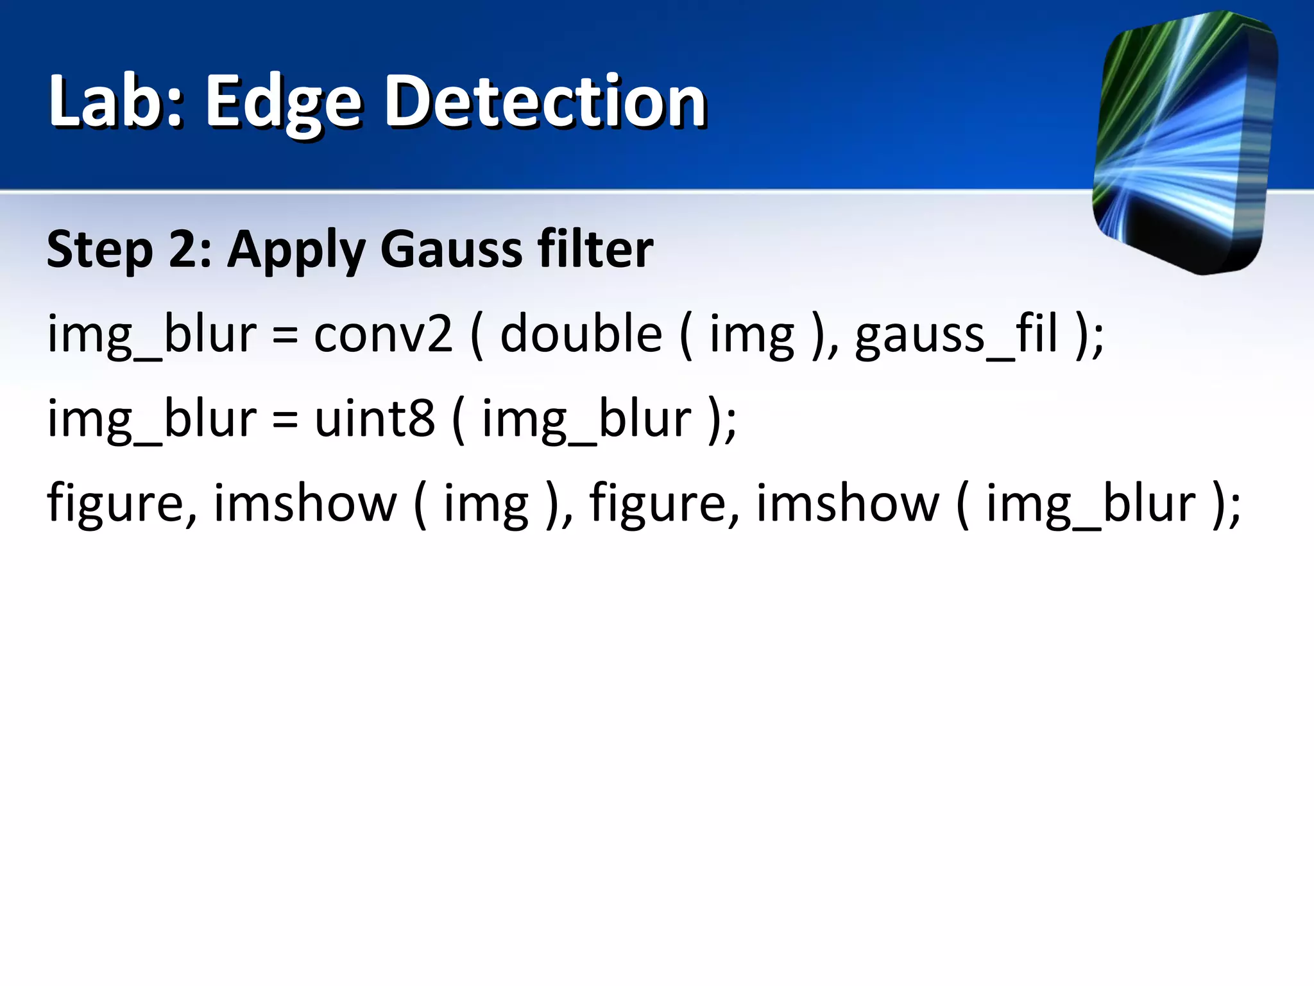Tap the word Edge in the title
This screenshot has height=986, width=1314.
283,103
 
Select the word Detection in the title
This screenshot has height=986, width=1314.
545,101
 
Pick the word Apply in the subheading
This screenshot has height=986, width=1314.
296,250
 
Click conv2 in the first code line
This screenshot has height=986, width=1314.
383,334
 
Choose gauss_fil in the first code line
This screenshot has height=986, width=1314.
956,334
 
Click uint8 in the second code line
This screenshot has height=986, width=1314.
375,419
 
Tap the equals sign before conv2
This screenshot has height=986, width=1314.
285,336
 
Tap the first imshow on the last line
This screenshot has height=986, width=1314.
305,503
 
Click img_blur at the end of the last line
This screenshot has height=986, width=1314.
1091,503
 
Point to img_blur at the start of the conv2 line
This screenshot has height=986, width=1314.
152,334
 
